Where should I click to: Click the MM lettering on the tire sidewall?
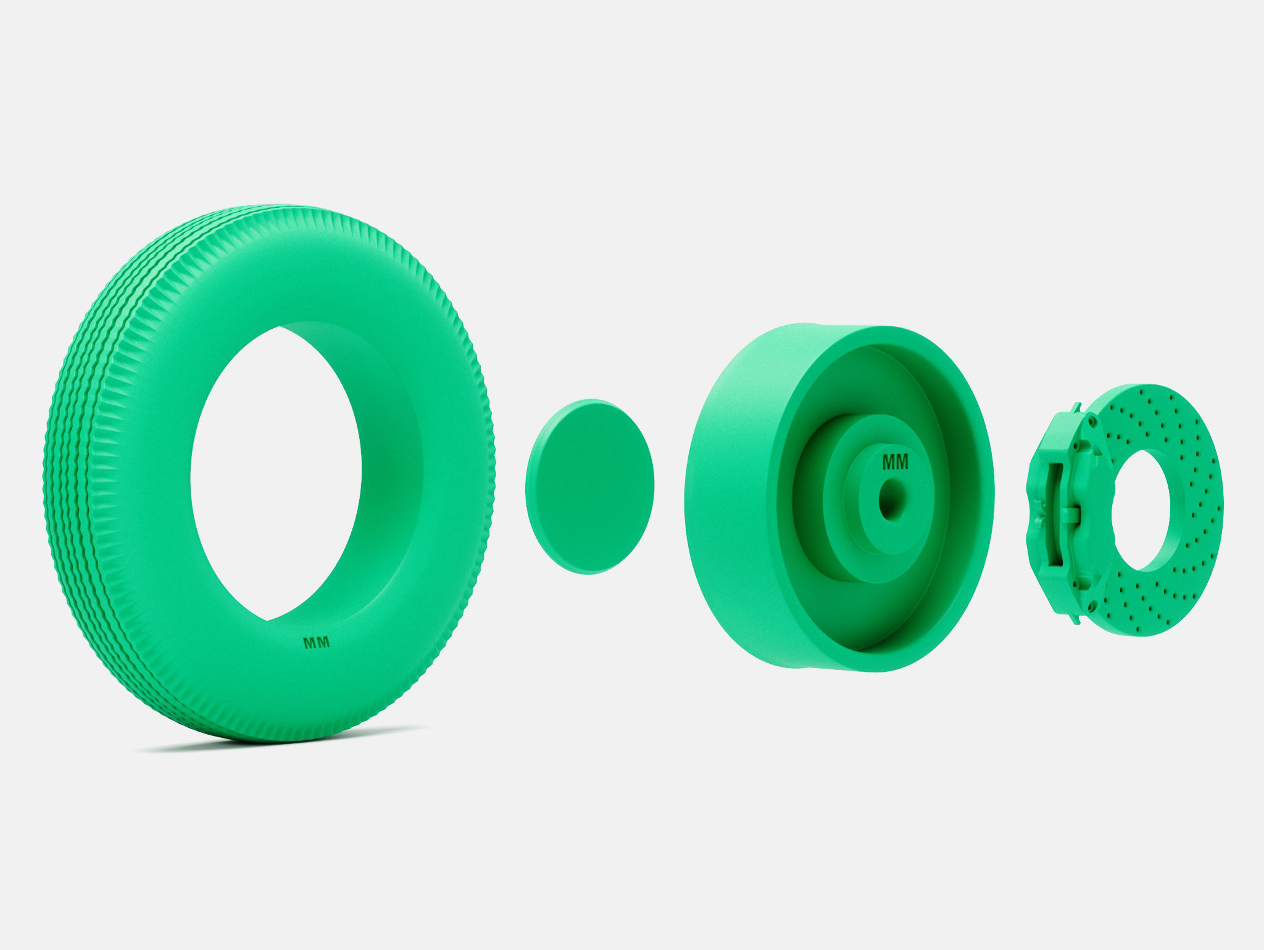tap(317, 642)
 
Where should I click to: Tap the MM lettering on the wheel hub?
tap(895, 461)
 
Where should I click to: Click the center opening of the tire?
tap(275, 472)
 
